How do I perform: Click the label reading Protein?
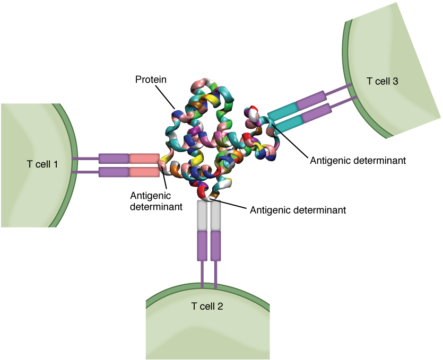[x=151, y=80]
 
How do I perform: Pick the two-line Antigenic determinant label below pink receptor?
[x=157, y=200]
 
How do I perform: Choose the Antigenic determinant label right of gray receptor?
[x=298, y=210]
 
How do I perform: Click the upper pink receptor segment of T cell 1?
[x=144, y=158]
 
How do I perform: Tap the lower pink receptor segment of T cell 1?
[x=144, y=172]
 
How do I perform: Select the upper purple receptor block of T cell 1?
[x=114, y=158]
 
